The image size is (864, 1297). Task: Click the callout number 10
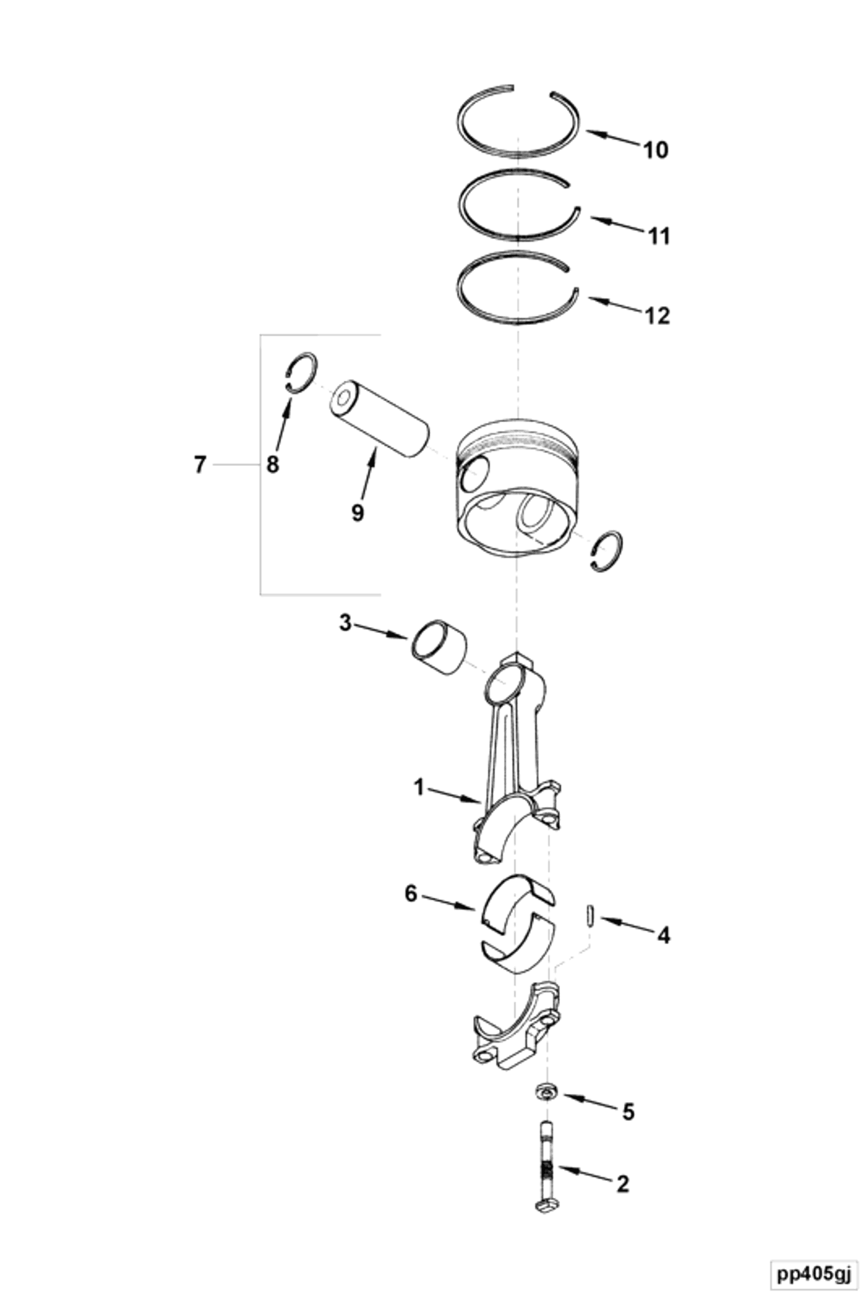pyautogui.click(x=656, y=150)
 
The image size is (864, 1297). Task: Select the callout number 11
pyautogui.click(x=658, y=237)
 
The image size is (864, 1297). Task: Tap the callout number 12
pyautogui.click(x=658, y=316)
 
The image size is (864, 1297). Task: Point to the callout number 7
pyautogui.click(x=200, y=464)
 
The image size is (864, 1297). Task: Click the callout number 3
pyautogui.click(x=345, y=623)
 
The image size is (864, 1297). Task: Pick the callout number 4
pyautogui.click(x=663, y=935)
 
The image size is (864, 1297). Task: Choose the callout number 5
pyautogui.click(x=628, y=1112)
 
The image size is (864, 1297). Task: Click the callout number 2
pyautogui.click(x=623, y=1183)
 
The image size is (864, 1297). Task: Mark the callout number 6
pyautogui.click(x=411, y=894)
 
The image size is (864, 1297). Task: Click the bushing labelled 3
pyautogui.click(x=439, y=647)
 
